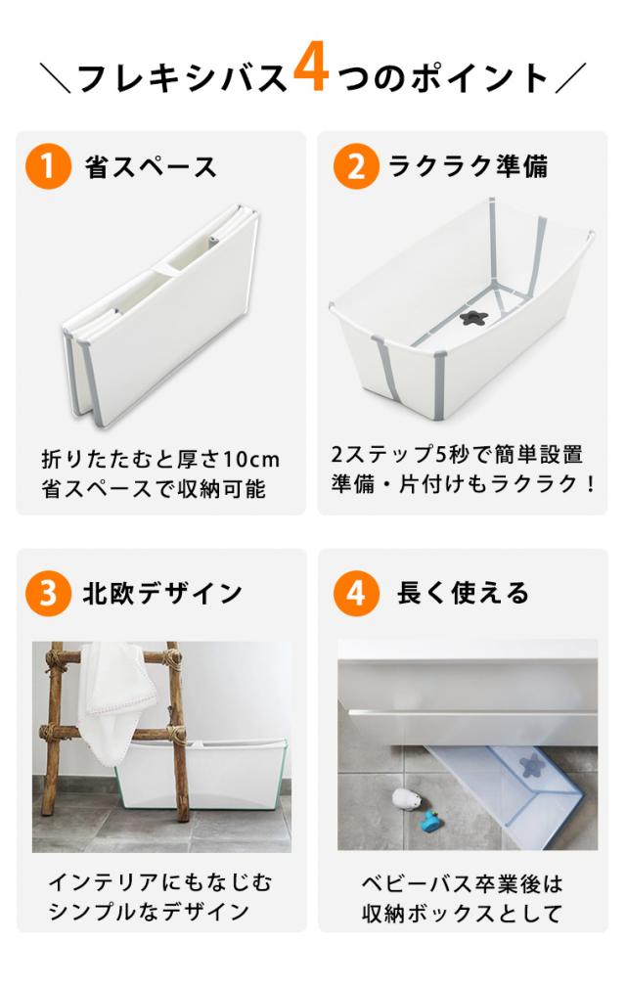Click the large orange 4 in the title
(x=311, y=68)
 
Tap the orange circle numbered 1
(x=49, y=166)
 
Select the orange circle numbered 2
(x=356, y=166)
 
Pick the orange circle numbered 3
(x=49, y=594)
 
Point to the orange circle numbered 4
(x=356, y=594)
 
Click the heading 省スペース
(x=152, y=167)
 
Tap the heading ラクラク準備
(x=469, y=166)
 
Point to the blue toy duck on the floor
(x=431, y=821)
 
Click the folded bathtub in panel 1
(x=161, y=315)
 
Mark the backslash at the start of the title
(x=56, y=78)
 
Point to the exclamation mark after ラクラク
(x=590, y=484)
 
